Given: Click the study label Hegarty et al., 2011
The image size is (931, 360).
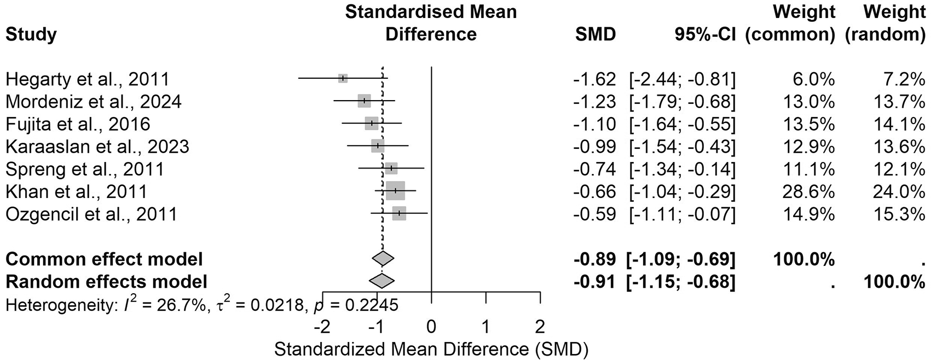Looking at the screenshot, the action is click(87, 79).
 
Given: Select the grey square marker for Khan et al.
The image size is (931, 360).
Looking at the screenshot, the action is click(395, 190).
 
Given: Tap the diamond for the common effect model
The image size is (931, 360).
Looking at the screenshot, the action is click(383, 259).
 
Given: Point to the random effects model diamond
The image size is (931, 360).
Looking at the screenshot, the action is click(382, 282).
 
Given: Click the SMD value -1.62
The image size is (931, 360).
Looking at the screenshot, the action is click(594, 79).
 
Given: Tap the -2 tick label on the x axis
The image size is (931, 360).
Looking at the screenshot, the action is click(322, 327).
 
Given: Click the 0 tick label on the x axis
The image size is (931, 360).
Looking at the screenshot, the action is click(431, 327).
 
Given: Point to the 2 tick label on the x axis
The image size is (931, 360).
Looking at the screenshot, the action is click(540, 327).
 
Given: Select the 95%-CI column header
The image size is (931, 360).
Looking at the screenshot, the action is click(705, 34).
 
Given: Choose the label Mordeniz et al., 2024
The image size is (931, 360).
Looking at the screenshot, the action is click(94, 102).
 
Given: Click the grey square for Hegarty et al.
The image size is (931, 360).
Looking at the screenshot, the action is click(343, 78).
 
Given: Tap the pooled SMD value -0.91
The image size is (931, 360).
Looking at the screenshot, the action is click(594, 282).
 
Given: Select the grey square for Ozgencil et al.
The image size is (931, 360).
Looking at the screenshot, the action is click(399, 213).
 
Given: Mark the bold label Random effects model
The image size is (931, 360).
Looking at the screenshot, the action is click(106, 282).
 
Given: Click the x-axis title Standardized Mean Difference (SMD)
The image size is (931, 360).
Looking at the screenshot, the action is click(431, 350).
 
